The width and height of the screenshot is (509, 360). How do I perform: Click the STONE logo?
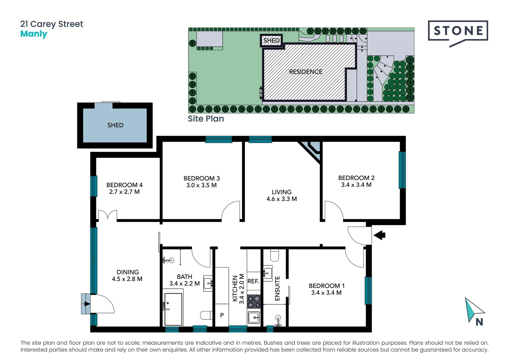[x=458, y=31]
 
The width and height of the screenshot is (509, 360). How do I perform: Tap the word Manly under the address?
[x=34, y=34]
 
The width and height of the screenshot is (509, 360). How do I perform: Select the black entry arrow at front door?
[x=379, y=235]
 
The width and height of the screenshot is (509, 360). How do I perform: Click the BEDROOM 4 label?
[x=124, y=185]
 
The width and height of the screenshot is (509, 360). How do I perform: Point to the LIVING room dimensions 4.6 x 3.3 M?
[x=281, y=199]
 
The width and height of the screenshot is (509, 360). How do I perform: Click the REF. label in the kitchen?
[x=253, y=281]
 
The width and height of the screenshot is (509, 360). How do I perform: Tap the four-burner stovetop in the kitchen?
[x=254, y=302]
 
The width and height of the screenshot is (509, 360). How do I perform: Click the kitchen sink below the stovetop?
[x=254, y=317]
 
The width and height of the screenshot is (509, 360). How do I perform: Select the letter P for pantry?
[x=222, y=315]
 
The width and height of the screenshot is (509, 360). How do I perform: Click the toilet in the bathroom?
[x=206, y=315]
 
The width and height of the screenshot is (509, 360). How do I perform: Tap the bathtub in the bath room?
[x=173, y=309]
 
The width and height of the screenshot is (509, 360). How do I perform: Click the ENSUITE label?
[x=277, y=289]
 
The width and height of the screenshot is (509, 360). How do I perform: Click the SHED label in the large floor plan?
[x=115, y=125]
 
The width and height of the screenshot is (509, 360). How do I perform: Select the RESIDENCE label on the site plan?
[x=305, y=72]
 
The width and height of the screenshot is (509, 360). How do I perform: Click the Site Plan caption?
[x=206, y=119]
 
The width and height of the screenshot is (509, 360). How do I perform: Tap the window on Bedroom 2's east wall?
[x=402, y=170]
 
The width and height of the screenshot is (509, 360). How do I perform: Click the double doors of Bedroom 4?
[x=108, y=215]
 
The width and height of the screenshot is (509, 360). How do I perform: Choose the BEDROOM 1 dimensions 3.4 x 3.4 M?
[x=326, y=293]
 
